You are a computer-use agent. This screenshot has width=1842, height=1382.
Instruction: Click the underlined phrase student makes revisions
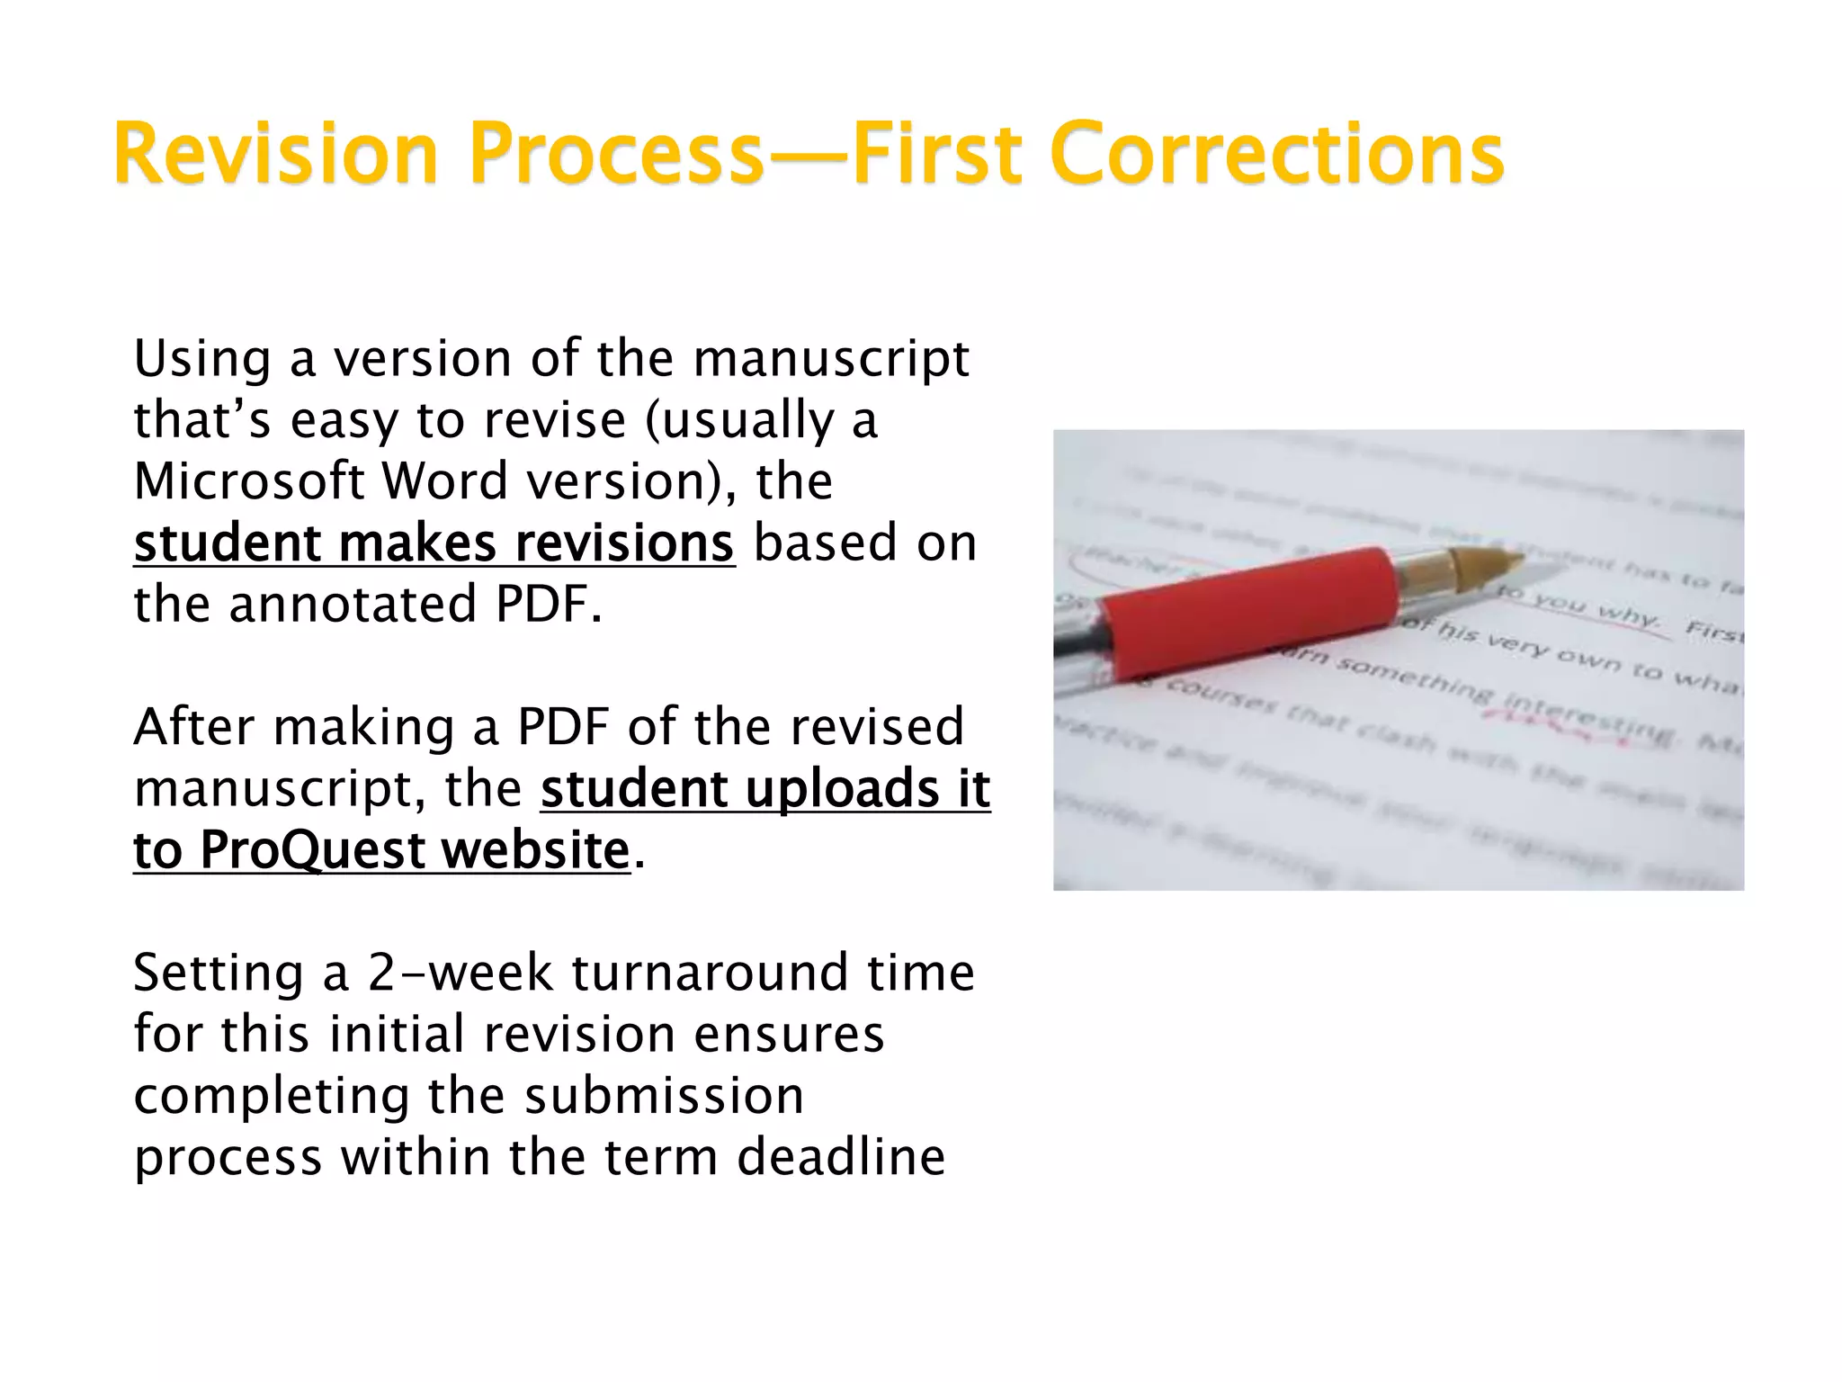(x=434, y=543)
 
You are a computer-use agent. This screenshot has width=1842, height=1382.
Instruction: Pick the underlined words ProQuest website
(x=414, y=849)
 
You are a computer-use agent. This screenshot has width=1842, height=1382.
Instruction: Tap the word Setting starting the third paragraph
(x=218, y=973)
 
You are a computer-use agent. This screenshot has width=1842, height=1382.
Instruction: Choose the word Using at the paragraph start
(x=202, y=358)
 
